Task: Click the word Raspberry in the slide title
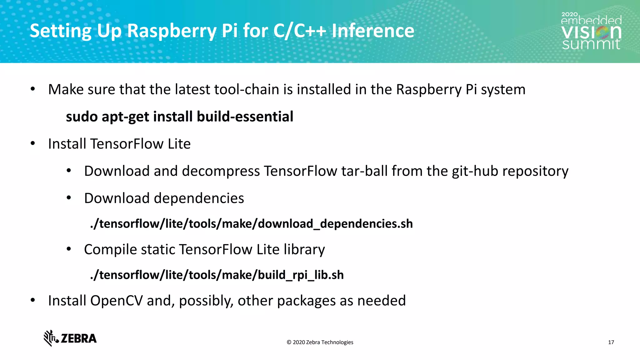171,31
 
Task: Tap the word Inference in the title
373,31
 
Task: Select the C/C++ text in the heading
300,31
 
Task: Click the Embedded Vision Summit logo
591,31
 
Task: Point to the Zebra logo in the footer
70,338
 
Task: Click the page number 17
611,342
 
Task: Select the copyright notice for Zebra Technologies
320,342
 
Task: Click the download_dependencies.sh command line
252,224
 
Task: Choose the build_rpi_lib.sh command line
217,275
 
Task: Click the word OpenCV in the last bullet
116,301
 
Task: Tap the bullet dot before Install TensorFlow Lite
33,144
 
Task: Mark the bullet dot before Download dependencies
69,198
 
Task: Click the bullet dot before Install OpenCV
33,301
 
